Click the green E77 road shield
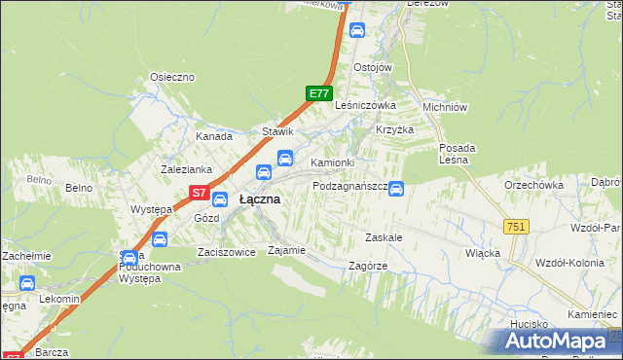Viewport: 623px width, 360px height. [318, 93]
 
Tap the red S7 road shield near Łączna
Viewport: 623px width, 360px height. [199, 193]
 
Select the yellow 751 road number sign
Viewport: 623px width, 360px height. [516, 226]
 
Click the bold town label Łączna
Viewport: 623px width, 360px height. [260, 199]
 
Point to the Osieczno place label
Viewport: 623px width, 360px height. [173, 77]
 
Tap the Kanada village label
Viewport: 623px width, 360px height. [214, 137]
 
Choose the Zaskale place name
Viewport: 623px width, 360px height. [384, 236]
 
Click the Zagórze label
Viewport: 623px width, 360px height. [368, 266]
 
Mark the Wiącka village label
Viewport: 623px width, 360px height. [483, 253]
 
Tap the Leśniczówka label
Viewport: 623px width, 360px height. [365, 105]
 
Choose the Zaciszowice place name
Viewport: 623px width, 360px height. [226, 251]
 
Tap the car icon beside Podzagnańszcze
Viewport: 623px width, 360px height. [396, 189]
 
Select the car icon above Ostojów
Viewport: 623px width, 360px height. [358, 31]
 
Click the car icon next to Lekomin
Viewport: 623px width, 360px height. [26, 284]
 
